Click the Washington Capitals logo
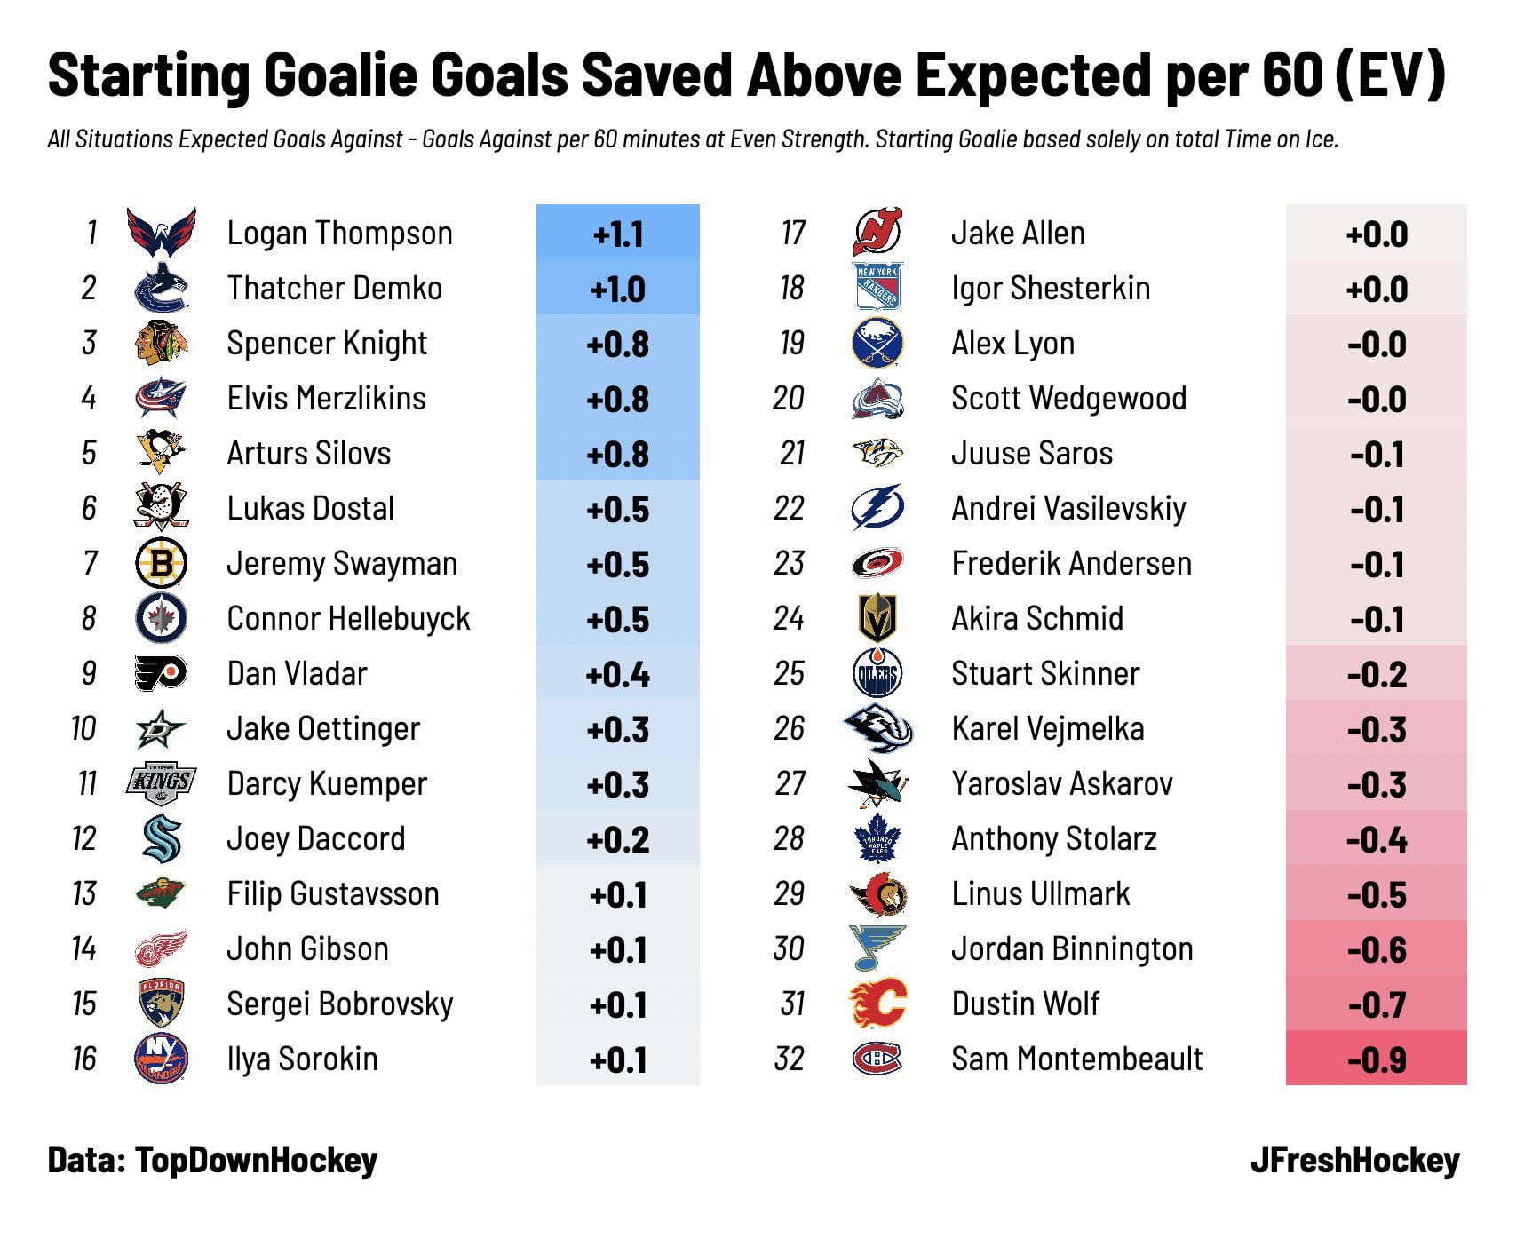tap(161, 233)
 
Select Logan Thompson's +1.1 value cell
tap(618, 234)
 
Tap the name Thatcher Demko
tap(334, 288)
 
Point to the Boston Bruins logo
tap(161, 563)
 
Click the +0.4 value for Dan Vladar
tap(618, 674)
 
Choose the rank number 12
tap(84, 838)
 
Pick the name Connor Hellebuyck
tap(348, 618)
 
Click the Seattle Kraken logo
tap(161, 838)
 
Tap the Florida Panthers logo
tap(161, 1004)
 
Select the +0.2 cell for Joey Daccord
tap(618, 839)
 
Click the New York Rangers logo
tap(877, 288)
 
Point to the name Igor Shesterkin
tap(1050, 288)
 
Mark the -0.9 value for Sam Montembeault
tap(1377, 1059)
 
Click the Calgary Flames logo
tap(877, 1004)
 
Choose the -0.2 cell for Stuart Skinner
tap(1377, 674)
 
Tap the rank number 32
tap(789, 1059)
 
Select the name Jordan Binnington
tap(1072, 948)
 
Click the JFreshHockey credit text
tap(1354, 1160)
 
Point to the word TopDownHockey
tap(257, 1160)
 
